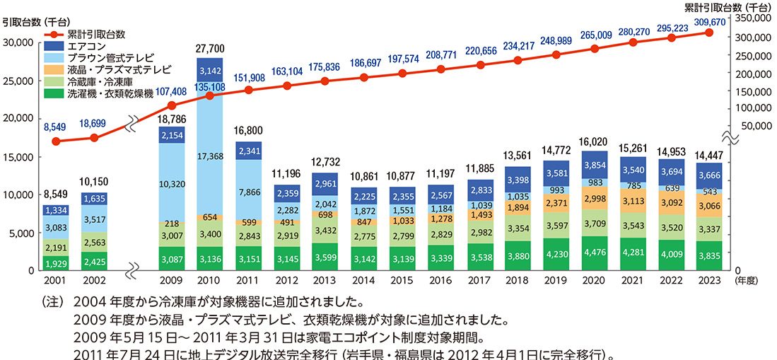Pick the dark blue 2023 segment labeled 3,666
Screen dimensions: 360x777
tap(709, 175)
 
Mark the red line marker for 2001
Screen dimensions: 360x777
tap(57, 141)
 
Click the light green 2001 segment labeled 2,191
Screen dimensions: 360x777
tap(57, 247)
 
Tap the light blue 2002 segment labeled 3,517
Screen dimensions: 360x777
tap(95, 219)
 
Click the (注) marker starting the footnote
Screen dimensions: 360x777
tap(54, 301)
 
